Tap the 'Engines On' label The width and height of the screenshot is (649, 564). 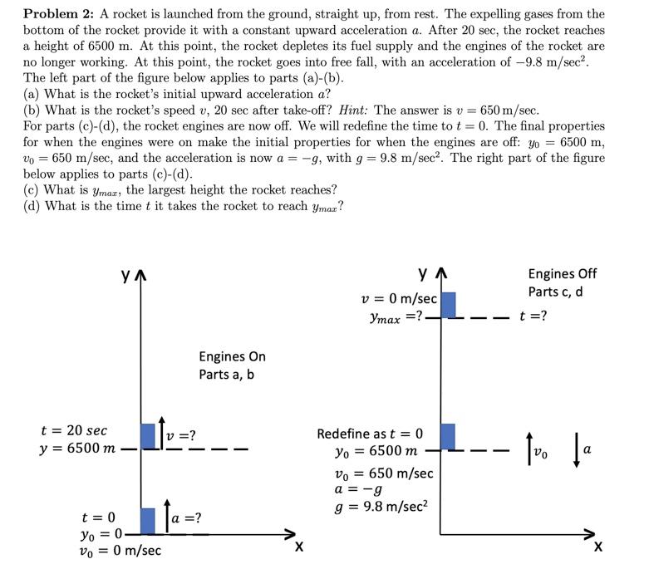coord(232,356)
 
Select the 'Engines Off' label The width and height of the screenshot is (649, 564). coord(562,274)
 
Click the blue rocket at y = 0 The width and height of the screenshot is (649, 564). coord(148,521)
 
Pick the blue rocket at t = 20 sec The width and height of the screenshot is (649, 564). coord(148,436)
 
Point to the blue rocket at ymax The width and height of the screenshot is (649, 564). coord(447,304)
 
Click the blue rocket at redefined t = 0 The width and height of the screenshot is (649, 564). coord(447,436)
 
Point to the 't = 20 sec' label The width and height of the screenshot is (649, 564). coord(74,430)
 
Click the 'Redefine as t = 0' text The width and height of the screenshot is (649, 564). coord(370,434)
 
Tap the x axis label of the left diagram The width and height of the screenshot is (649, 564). coord(298,547)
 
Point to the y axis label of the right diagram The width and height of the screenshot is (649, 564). coord(425,273)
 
